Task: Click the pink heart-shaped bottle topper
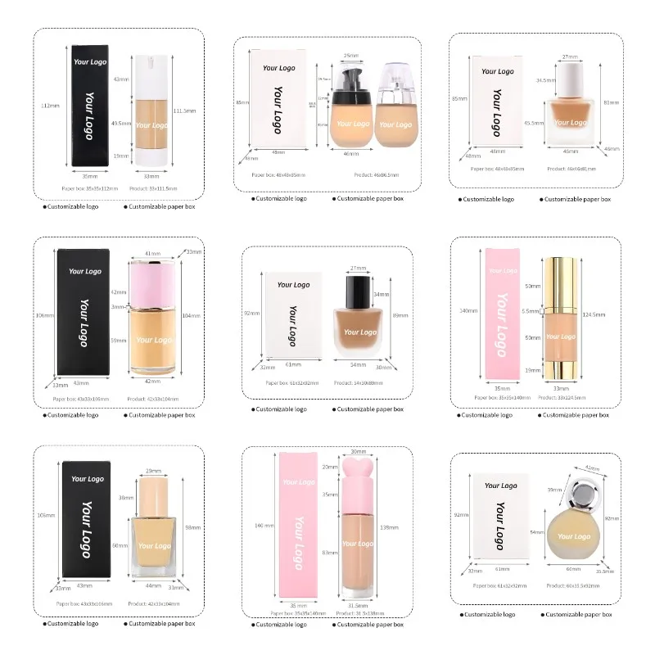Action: point(357,466)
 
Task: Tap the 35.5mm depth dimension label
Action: point(604,571)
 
